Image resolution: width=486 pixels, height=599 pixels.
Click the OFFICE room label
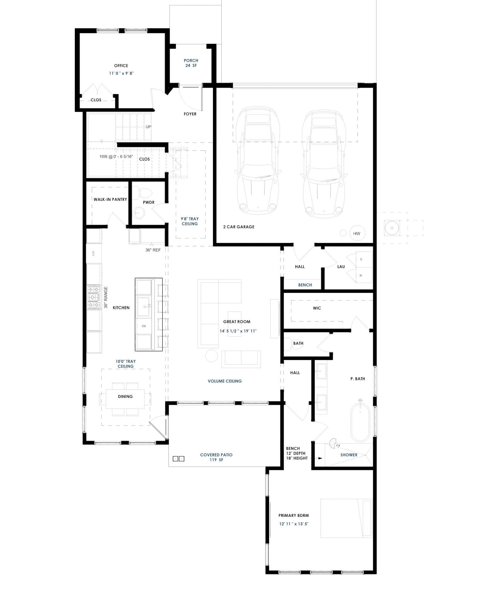click(x=121, y=66)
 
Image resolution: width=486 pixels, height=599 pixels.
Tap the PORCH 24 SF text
click(x=191, y=63)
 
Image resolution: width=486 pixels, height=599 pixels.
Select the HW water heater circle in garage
click(x=357, y=233)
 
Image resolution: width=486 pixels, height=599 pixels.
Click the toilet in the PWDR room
click(x=145, y=193)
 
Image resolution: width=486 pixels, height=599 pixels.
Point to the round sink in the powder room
click(x=139, y=213)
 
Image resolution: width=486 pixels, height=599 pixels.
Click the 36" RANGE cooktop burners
click(x=94, y=297)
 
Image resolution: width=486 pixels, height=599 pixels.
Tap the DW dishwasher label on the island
click(x=144, y=326)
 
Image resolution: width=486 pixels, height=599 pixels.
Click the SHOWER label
click(x=349, y=455)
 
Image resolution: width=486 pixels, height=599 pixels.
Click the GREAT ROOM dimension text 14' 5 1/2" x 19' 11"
click(x=238, y=331)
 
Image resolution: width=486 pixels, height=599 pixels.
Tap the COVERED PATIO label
click(x=216, y=455)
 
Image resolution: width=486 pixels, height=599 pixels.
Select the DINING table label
click(x=125, y=396)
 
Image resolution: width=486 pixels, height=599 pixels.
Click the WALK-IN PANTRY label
click(x=110, y=199)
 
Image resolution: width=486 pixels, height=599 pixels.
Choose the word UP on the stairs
click(x=149, y=127)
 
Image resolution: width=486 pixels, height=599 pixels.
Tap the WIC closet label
click(x=317, y=308)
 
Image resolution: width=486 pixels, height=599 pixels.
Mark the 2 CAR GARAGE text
click(x=239, y=227)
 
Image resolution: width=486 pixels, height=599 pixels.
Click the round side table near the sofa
click(x=211, y=356)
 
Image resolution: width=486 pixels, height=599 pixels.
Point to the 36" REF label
click(x=153, y=250)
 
